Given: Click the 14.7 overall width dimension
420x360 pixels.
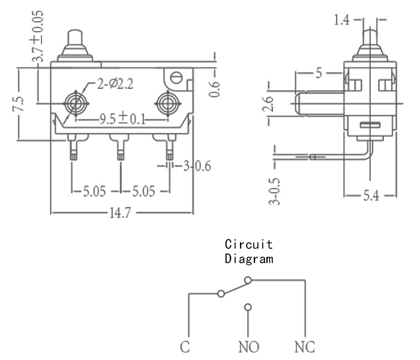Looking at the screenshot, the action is point(120,213).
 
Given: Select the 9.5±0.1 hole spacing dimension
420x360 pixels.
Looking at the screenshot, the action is point(122,119).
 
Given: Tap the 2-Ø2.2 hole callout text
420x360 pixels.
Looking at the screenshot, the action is point(115,84).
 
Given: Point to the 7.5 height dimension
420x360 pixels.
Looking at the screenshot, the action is point(19,104).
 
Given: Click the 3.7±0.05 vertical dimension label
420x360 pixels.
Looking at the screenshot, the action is point(37,36).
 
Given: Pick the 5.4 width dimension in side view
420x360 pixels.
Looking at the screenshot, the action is point(371,196).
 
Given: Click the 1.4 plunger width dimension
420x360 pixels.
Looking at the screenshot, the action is point(341,20).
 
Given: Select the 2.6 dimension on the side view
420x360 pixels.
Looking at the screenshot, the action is point(268,104).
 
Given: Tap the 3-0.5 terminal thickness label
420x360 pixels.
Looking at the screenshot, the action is point(274,191).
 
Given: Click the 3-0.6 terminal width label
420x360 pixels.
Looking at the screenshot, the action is point(197,166).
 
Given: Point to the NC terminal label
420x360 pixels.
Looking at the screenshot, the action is point(305,347).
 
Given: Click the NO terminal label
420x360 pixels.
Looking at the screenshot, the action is point(248,347).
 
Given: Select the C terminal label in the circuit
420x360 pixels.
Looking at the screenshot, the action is point(185,347).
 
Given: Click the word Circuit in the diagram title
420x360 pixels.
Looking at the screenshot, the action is point(248,244).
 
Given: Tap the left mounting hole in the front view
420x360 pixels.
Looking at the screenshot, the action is point(76,104).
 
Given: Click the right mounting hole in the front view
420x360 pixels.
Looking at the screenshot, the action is point(168,104).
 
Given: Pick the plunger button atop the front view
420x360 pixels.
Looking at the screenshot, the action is point(75,46).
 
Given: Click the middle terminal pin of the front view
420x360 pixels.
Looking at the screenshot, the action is point(121,147).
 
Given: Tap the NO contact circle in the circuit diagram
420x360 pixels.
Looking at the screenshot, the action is point(248,307).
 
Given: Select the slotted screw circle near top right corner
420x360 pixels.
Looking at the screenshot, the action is point(176,78).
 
